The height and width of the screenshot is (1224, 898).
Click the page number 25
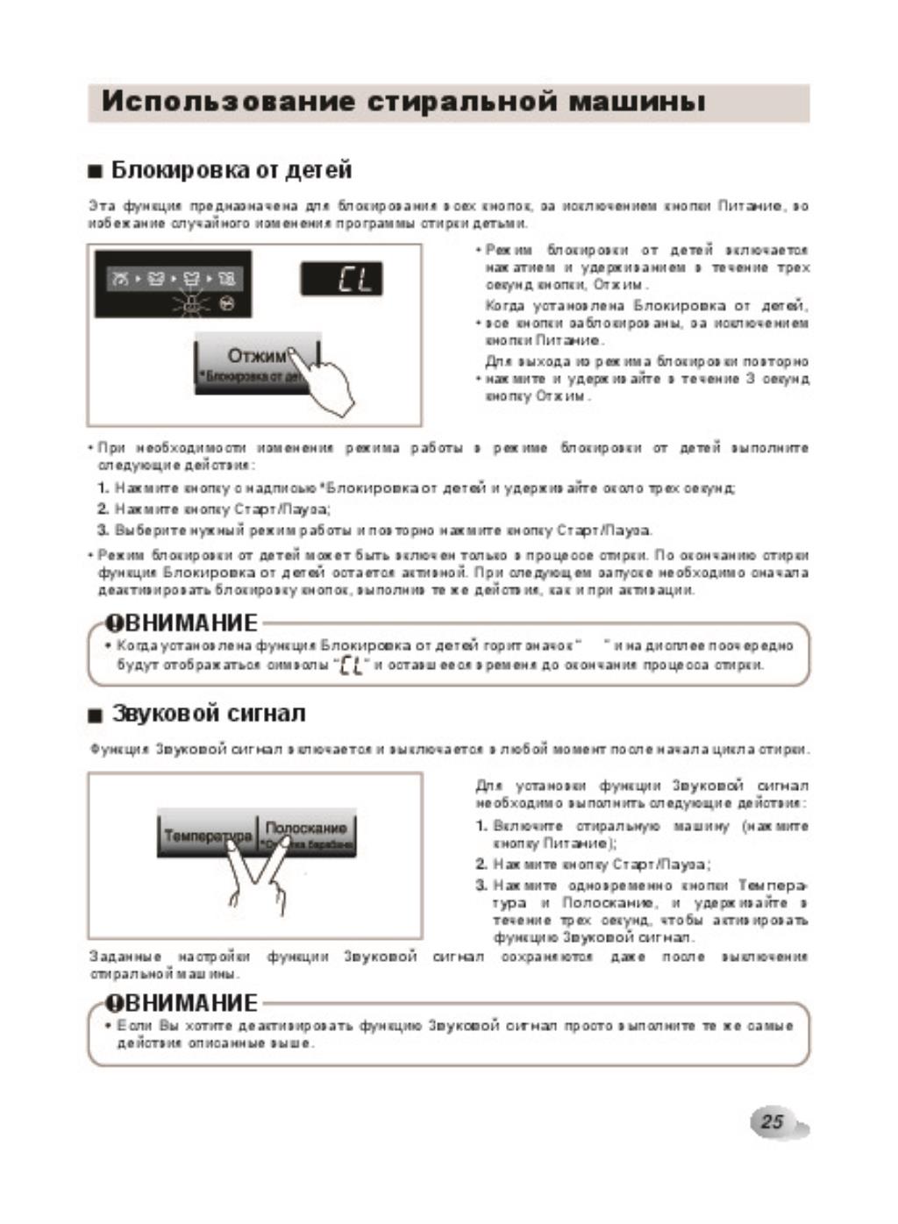tap(772, 1121)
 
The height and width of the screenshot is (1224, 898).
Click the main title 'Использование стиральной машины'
tap(403, 102)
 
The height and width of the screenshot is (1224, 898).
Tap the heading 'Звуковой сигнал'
tap(209, 714)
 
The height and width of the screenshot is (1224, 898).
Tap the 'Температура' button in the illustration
tap(207, 836)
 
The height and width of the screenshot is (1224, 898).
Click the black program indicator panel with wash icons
tap(173, 284)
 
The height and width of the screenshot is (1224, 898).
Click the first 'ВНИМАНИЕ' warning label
tap(182, 623)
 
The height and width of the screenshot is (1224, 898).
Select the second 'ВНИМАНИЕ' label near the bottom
tap(182, 1003)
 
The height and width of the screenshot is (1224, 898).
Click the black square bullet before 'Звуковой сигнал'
tap(96, 715)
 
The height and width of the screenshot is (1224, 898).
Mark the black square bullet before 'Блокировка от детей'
tap(96, 172)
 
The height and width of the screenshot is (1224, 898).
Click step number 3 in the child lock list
tap(103, 530)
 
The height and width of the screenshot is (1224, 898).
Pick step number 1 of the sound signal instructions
tap(481, 826)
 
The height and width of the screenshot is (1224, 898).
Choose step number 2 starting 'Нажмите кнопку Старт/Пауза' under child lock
tap(103, 509)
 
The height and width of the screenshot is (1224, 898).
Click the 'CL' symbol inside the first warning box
tap(350, 665)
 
